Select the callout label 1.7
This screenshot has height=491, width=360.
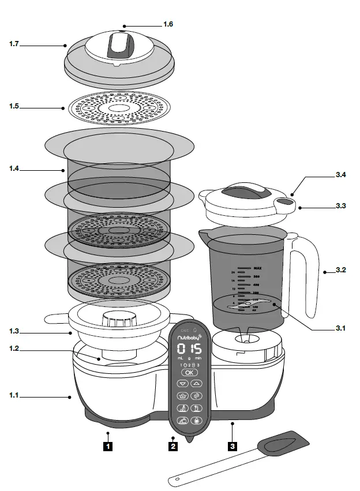14,44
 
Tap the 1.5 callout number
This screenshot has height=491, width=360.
14,107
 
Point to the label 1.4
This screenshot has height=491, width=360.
14,169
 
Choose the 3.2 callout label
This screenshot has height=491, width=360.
340,269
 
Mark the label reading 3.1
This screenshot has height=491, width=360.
340,328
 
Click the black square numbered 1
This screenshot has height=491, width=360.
107,445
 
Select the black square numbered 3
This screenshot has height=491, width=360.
232,445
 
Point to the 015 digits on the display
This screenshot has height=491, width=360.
189,349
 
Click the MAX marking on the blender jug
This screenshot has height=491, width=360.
258,268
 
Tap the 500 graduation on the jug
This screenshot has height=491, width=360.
256,277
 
